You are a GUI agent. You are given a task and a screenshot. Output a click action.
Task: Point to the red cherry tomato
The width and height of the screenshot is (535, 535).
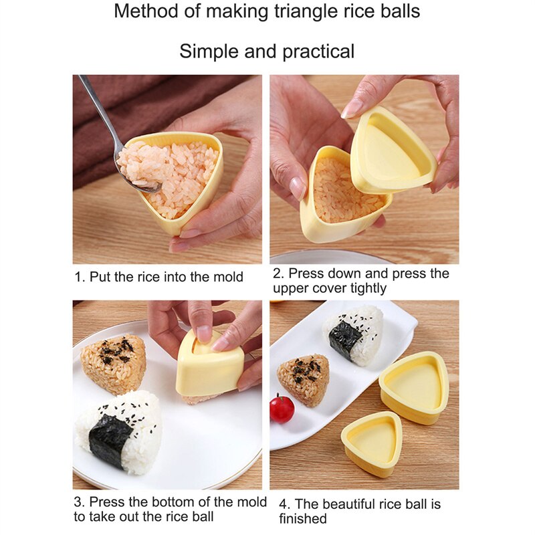point(282,409)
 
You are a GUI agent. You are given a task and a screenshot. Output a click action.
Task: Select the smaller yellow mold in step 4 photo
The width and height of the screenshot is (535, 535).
point(371,442)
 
